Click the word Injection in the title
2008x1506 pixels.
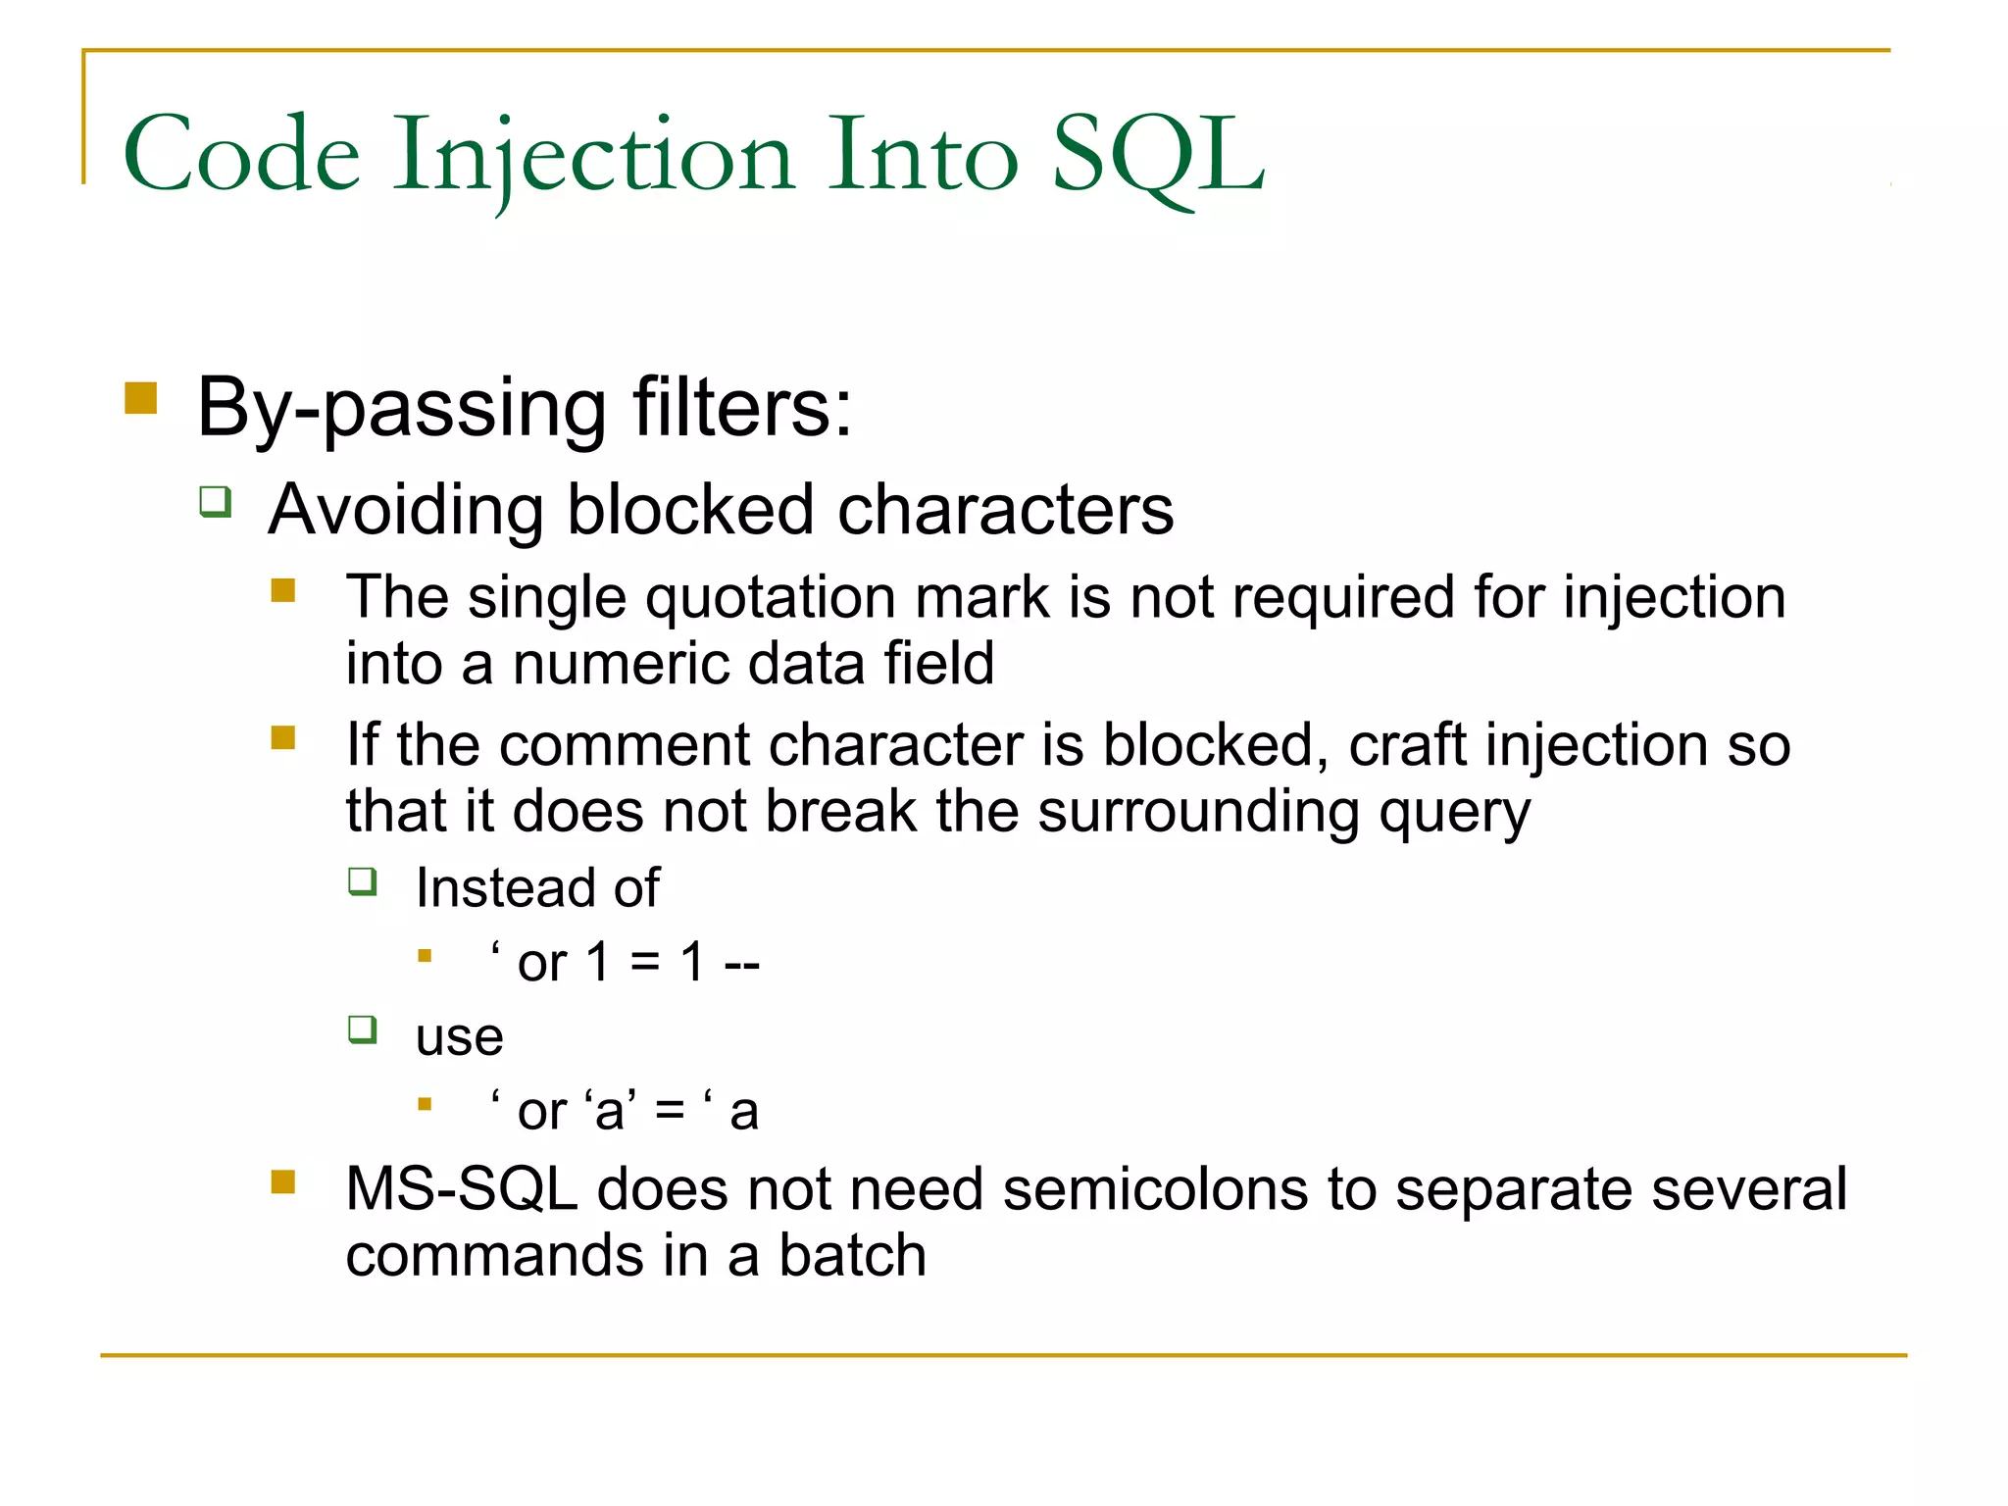tap(593, 157)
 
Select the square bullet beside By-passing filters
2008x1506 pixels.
tap(141, 399)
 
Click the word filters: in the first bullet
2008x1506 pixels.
tap(742, 407)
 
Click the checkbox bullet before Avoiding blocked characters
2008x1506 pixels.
tap(216, 502)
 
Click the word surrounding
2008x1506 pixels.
tap(1198, 812)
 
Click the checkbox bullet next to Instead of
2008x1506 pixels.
tap(363, 881)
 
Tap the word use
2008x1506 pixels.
tap(459, 1037)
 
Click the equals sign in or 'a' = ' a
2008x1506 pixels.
tap(670, 1112)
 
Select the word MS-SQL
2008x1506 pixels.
tap(462, 1190)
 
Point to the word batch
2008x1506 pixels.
tap(852, 1256)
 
